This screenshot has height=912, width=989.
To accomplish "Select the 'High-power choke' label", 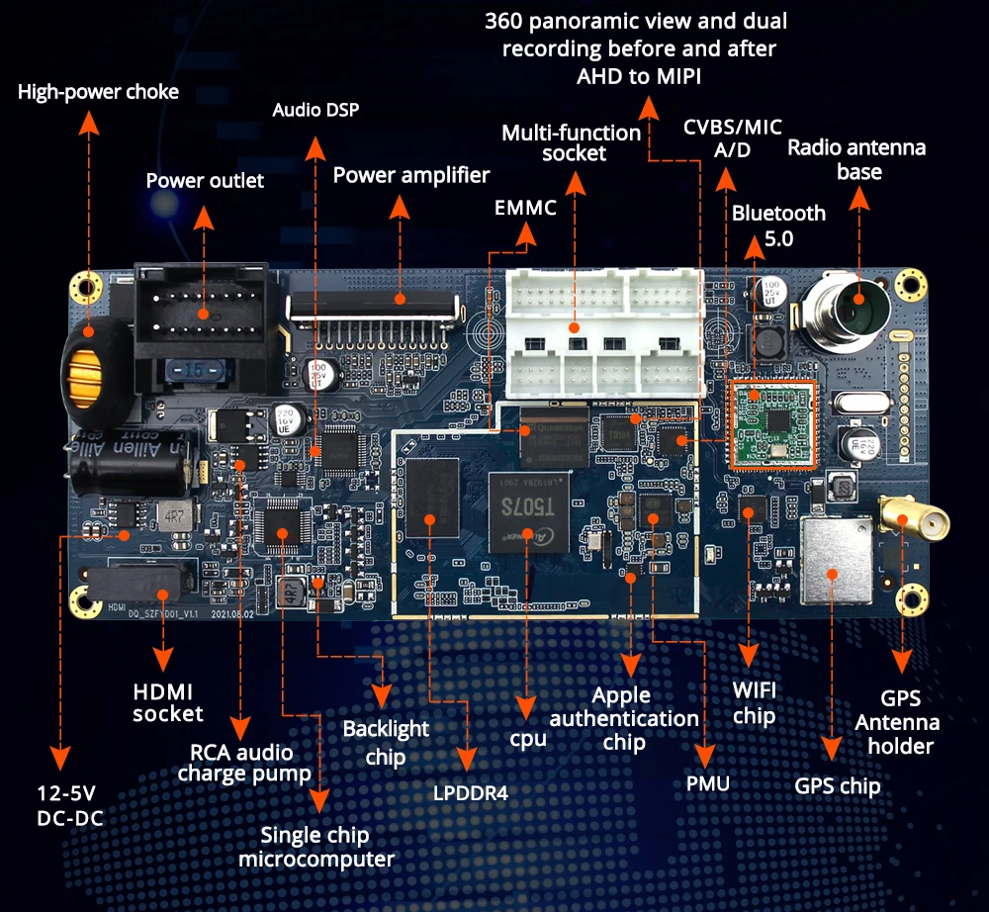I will pyautogui.click(x=99, y=92).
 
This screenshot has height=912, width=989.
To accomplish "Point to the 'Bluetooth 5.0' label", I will pyautogui.click(x=778, y=225).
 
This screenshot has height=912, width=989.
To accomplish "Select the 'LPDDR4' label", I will pyautogui.click(x=470, y=792).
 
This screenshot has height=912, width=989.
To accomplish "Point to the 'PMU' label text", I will pyautogui.click(x=707, y=784).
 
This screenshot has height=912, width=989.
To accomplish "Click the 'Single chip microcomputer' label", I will pyautogui.click(x=316, y=846).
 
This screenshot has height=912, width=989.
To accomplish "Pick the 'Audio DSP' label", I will pyautogui.click(x=315, y=109).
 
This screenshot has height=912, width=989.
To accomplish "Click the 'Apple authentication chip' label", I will pyautogui.click(x=625, y=718).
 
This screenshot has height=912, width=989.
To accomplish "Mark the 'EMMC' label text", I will pyautogui.click(x=525, y=208).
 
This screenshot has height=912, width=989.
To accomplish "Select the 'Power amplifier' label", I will pyautogui.click(x=411, y=175).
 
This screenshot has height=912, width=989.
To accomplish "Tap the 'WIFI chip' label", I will pyautogui.click(x=755, y=701).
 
